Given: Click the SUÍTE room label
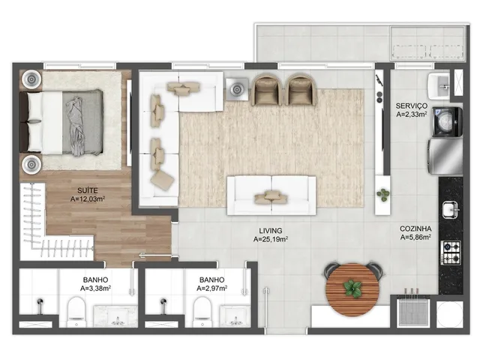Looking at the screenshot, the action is coord(88,190).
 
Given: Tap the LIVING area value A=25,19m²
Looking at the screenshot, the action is coord(270,239).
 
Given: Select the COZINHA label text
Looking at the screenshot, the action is coord(415,229).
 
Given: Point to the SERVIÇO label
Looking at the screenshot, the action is coord(412,106).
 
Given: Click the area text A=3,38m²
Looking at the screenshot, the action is coord(95,288).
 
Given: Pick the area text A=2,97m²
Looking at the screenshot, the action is coord(211,288).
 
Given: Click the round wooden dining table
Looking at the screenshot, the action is coord(352,289).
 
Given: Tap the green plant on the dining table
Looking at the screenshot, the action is coord(352,289).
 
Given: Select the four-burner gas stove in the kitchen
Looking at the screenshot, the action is coord(450,253).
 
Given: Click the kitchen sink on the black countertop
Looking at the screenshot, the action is coord(450,210).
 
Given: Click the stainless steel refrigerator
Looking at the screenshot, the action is coord(445,156).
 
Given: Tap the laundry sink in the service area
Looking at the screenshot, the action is coord(439,85).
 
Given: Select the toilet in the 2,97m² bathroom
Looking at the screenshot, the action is coord(202,312).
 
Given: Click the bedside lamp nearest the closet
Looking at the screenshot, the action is coord(31,165).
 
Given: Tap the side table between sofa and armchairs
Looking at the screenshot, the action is coord(237,89).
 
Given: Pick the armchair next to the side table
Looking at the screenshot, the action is coord(266,89).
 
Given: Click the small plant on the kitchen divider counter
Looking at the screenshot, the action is coord(382,195).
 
